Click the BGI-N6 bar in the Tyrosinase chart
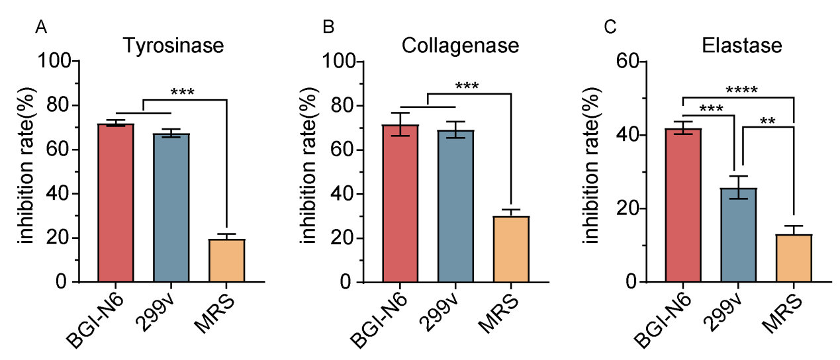[x=116, y=202]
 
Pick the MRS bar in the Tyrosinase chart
[x=227, y=260]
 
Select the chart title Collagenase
[x=460, y=47]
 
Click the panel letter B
[x=328, y=28]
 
